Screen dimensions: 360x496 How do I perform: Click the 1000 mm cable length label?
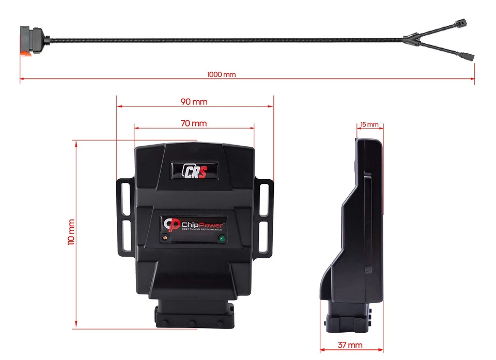click(x=221, y=74)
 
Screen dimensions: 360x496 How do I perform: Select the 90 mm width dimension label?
click(x=194, y=102)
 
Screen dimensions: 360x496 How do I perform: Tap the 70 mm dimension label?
click(x=194, y=123)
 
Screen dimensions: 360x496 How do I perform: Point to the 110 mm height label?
click(x=71, y=232)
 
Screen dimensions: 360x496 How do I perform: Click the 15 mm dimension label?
click(x=369, y=125)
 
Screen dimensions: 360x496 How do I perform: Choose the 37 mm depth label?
click(x=351, y=345)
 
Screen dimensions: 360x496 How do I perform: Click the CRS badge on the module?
click(x=194, y=170)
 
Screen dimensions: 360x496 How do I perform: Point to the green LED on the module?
click(x=221, y=239)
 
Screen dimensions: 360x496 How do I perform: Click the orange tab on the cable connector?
click(x=25, y=53)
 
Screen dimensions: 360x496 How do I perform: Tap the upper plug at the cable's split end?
click(x=460, y=24)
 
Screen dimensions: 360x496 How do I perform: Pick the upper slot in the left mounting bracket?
click(x=125, y=196)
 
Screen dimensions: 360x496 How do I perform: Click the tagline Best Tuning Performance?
click(x=203, y=229)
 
